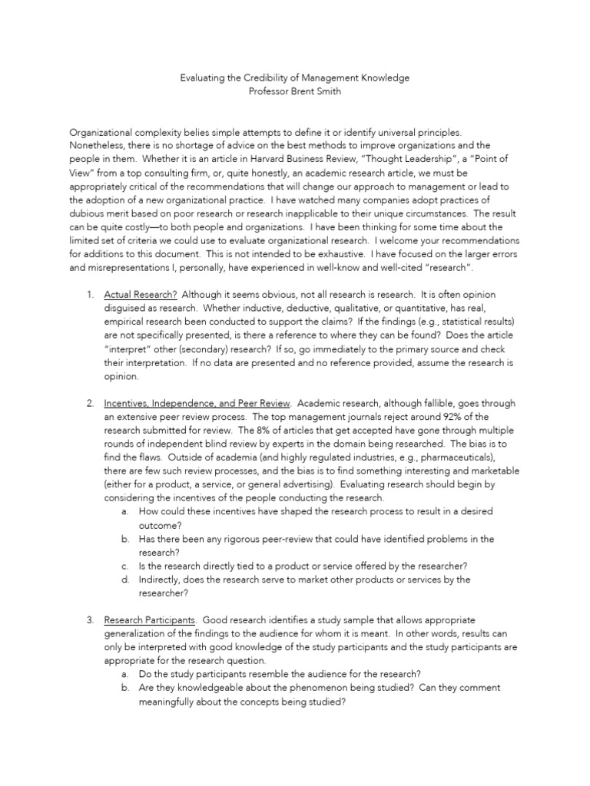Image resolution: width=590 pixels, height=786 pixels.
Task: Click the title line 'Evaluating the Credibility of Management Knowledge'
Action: (x=295, y=78)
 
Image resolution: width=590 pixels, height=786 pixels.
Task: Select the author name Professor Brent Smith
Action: (x=294, y=91)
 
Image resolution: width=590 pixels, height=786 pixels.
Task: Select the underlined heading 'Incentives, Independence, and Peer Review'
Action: (x=197, y=403)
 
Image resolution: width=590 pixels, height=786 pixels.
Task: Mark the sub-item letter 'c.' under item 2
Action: (x=125, y=566)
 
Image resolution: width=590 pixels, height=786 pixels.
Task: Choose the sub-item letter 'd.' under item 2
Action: (x=125, y=580)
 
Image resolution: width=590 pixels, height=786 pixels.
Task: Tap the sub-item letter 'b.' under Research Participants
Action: (x=125, y=689)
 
